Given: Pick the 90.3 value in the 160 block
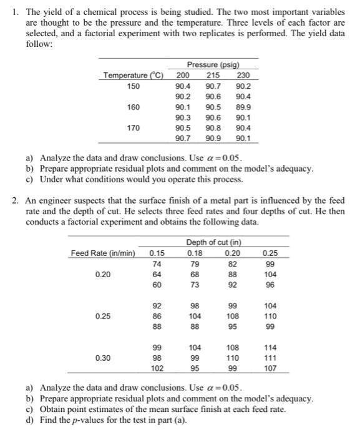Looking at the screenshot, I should click(185, 117).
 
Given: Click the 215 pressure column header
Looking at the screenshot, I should click(213, 76).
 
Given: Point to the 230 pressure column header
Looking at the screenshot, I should click(243, 76).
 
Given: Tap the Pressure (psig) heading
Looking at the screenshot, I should click(213, 65).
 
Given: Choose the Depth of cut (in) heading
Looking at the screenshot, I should click(213, 242).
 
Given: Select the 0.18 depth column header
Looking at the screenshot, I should click(195, 252).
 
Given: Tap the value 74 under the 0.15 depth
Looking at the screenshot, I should click(157, 263).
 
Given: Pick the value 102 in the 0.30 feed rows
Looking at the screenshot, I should click(157, 368).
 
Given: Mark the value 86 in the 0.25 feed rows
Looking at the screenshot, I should click(157, 316).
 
